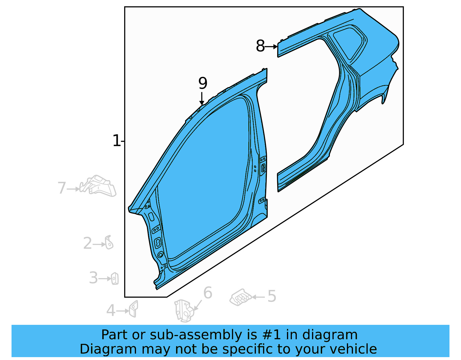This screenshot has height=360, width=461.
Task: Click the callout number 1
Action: [116, 141]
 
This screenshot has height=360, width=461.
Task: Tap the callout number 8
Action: [260, 46]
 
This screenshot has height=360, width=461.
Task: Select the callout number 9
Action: [203, 83]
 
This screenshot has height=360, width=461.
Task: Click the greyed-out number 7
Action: [62, 188]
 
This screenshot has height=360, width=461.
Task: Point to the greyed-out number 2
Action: [87, 244]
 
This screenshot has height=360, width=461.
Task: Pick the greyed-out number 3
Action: [93, 278]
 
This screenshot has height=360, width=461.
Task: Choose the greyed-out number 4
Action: [111, 311]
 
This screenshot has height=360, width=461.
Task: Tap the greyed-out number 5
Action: [272, 296]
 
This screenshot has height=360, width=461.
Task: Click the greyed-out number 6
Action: [208, 293]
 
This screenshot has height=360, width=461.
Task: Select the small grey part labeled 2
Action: [109, 242]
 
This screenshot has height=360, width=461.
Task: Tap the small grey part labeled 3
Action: [115, 278]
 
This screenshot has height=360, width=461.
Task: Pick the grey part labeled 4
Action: [134, 309]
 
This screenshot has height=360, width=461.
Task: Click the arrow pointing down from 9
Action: [202, 99]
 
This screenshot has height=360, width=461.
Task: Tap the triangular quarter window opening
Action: [349, 42]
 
